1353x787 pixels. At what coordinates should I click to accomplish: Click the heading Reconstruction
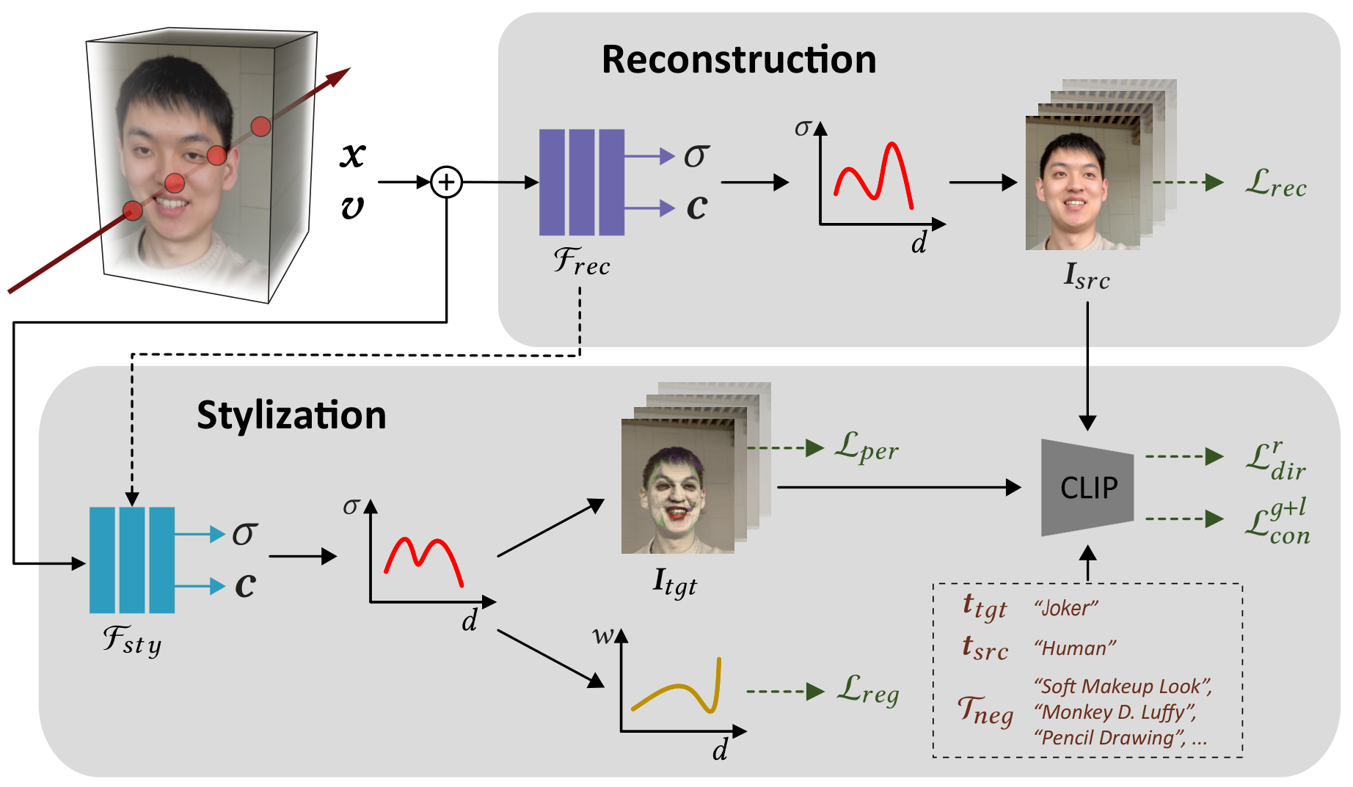(739, 59)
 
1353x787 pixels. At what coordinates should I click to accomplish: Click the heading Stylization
(291, 416)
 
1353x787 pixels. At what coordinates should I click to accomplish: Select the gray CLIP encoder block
(1087, 488)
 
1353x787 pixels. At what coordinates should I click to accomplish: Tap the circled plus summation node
(446, 182)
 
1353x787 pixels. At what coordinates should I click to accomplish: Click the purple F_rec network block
(582, 182)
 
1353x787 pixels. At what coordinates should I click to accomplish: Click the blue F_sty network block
(132, 560)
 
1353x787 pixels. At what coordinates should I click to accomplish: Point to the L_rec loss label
(1276, 183)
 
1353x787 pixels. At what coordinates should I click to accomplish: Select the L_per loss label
(867, 447)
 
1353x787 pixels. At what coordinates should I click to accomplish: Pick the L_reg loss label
(868, 691)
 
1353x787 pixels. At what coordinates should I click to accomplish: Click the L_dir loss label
(1276, 461)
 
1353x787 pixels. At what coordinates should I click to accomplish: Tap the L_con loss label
(1277, 521)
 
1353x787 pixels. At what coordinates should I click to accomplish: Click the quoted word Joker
(1066, 608)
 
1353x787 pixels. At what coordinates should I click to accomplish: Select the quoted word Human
(1075, 648)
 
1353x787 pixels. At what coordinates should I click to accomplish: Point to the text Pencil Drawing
(1109, 738)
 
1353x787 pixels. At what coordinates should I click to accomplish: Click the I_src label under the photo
(1087, 277)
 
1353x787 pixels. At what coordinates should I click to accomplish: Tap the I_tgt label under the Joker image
(675, 583)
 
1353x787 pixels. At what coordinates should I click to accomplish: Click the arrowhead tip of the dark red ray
(351, 68)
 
